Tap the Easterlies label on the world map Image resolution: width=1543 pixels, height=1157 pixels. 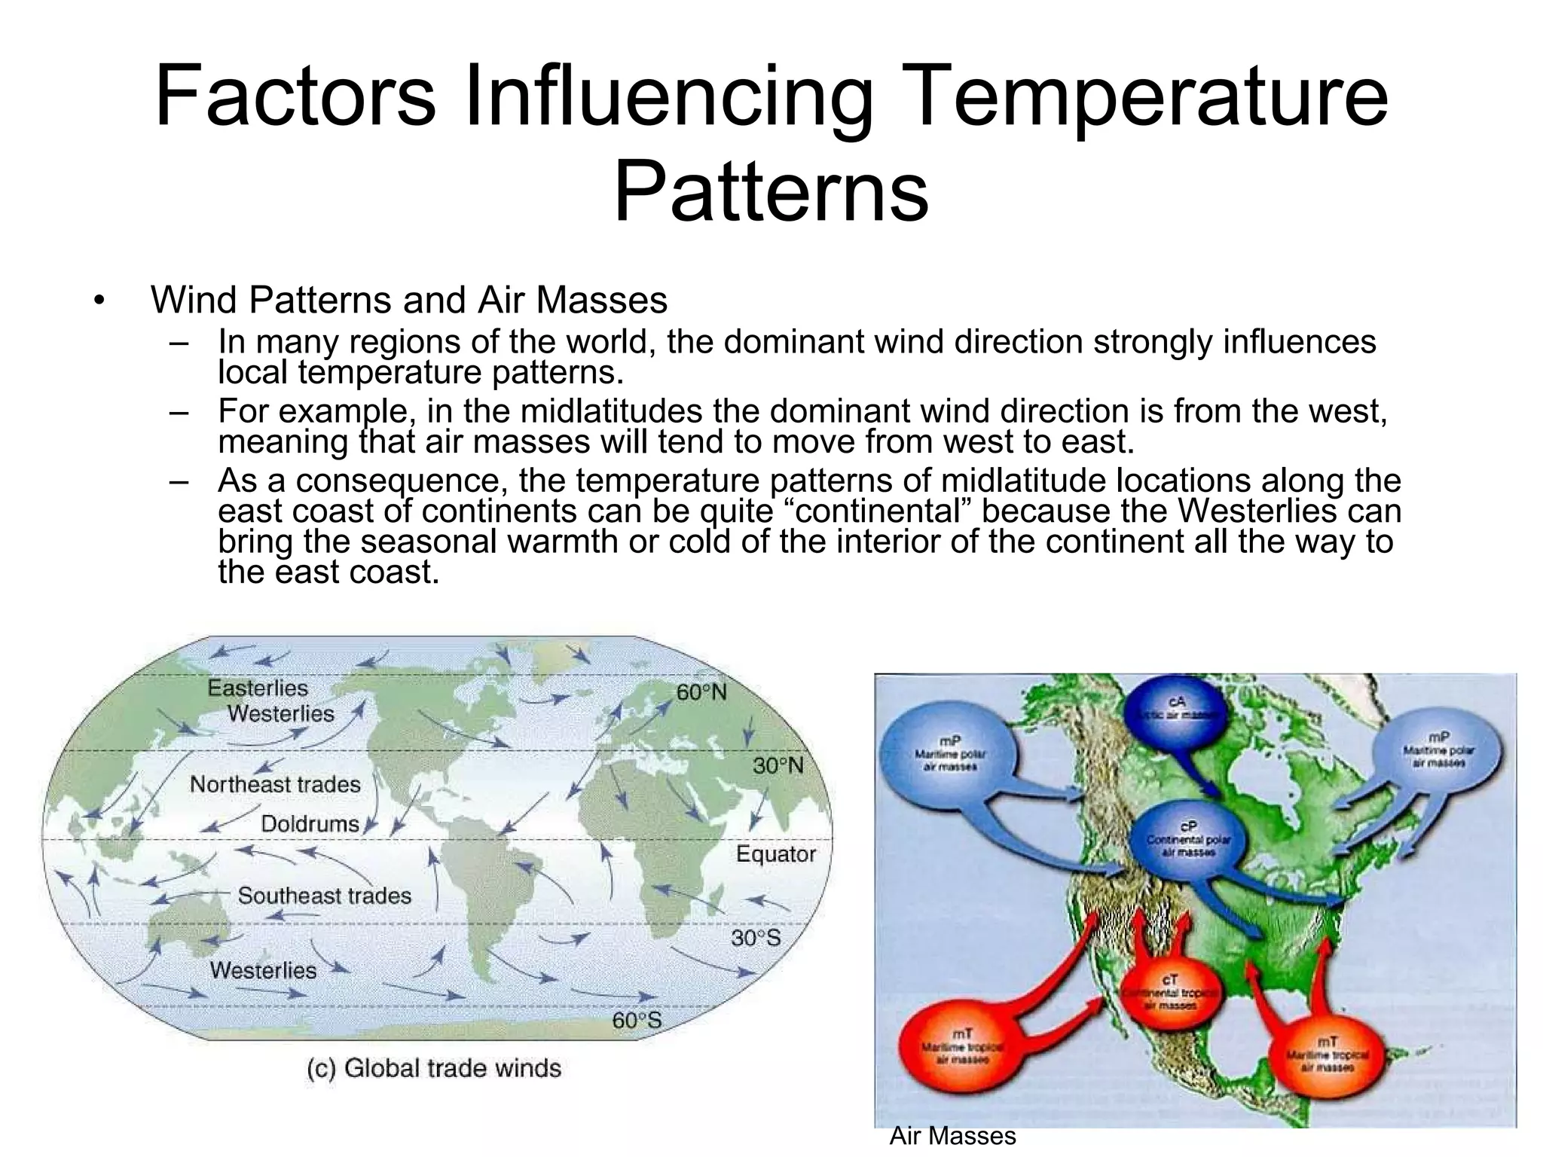point(258,688)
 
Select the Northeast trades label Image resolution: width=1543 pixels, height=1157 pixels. point(275,785)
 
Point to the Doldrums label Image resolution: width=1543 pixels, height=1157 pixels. point(310,824)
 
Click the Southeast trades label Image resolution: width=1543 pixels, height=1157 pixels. point(325,896)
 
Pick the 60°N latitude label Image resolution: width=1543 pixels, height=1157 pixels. point(701,692)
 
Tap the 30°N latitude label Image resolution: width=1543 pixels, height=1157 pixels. point(778,766)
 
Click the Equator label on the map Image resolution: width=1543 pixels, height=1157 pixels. point(775,854)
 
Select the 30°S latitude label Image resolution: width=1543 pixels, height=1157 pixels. point(756,939)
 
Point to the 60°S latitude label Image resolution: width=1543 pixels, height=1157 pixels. point(637,1021)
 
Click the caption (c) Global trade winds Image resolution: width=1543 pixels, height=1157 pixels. point(434,1069)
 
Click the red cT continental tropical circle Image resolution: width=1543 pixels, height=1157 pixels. point(1169,990)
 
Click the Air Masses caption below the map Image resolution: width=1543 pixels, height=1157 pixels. point(952,1135)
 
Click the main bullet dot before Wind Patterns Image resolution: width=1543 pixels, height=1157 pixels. point(98,301)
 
